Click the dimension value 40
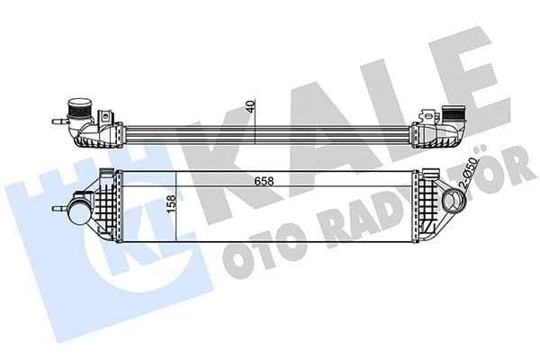click(251, 106)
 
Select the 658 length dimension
click(264, 182)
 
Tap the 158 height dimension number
click(171, 204)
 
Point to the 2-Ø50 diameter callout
click(470, 171)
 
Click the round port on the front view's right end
click(454, 202)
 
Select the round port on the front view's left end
click(80, 211)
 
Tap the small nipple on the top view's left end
click(58, 121)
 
